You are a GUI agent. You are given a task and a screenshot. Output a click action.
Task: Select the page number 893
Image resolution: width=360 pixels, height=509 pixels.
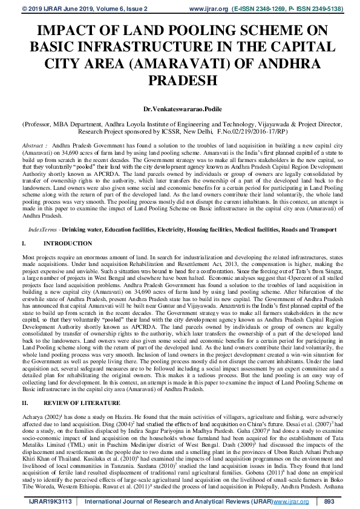pyautogui.click(x=329, y=502)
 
